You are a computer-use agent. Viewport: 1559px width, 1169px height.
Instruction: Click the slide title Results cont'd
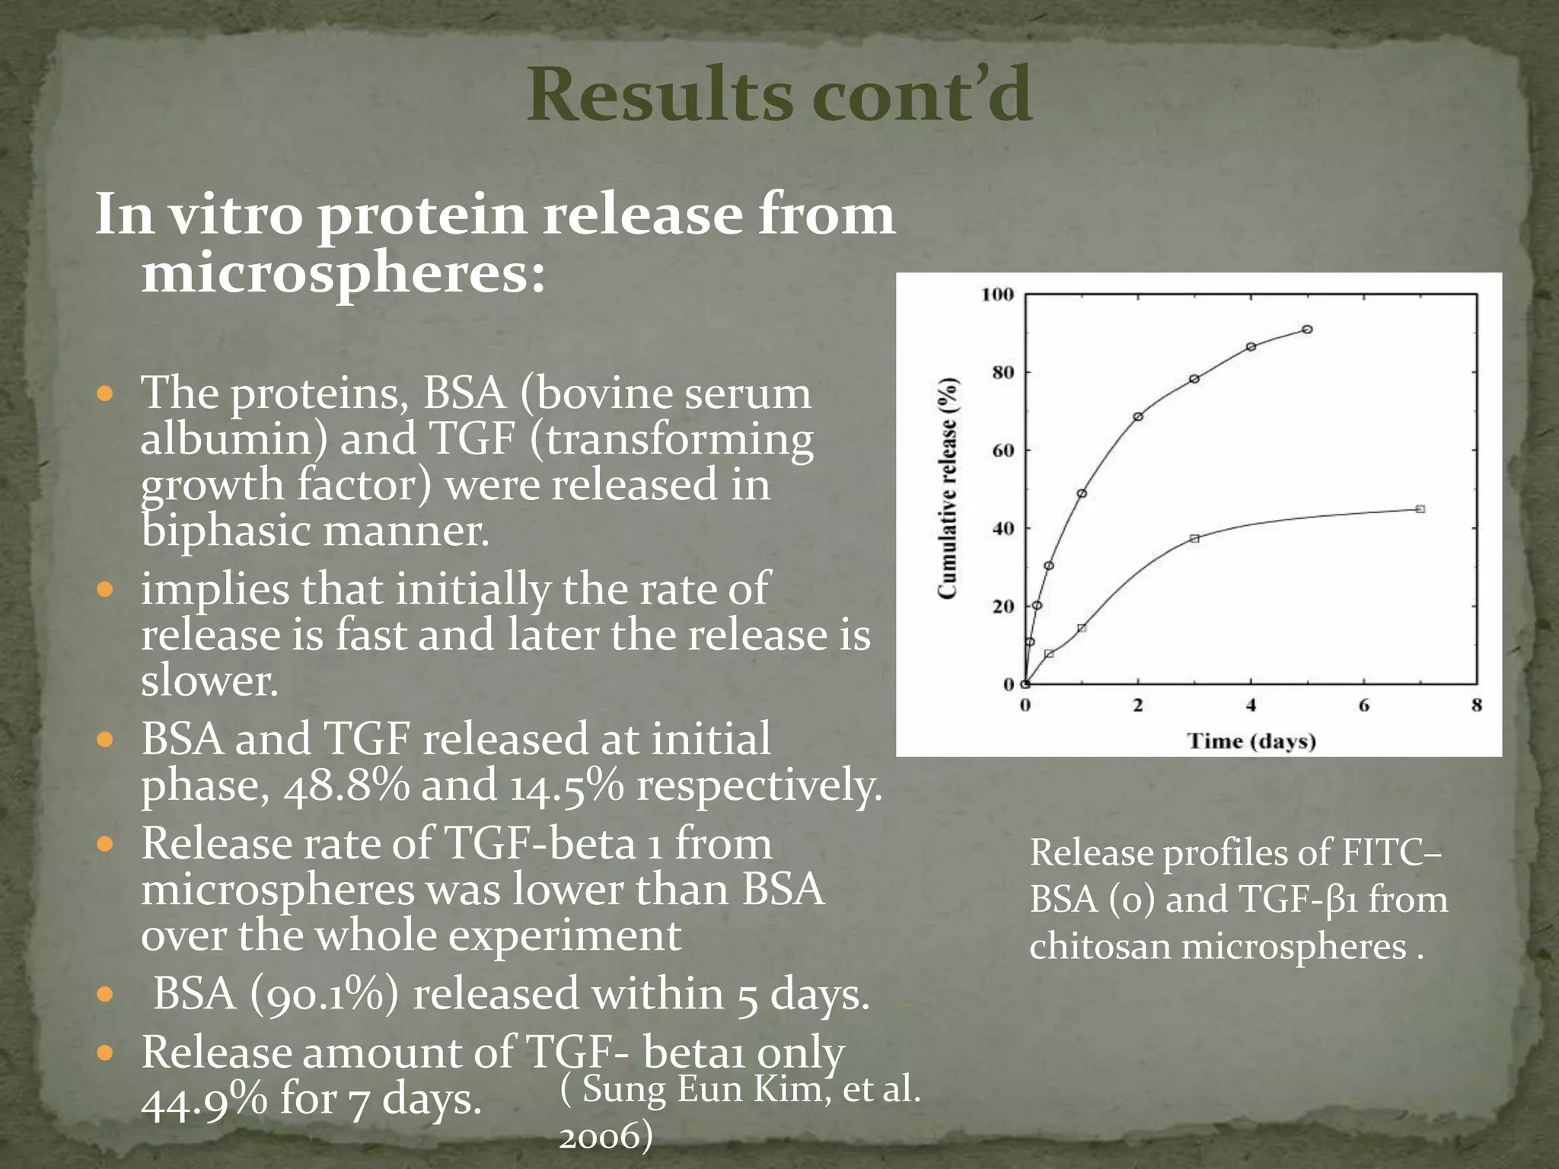coord(779,95)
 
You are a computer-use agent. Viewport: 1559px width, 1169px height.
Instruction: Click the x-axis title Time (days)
coord(1251,741)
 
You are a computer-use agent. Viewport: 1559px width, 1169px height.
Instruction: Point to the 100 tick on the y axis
coord(997,295)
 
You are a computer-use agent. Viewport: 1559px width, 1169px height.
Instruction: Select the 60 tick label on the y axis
coord(1003,451)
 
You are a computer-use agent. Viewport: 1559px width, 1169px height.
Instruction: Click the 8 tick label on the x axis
coord(1476,706)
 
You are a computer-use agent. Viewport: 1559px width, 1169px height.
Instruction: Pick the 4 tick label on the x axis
coord(1251,706)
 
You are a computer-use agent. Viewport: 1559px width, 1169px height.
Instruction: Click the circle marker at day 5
coord(1307,330)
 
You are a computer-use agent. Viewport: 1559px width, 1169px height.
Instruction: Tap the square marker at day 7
coord(1420,509)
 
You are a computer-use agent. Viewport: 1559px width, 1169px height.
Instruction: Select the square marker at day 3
coord(1194,538)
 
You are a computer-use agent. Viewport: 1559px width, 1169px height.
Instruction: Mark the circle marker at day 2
coord(1138,416)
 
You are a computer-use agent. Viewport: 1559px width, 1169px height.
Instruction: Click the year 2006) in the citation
coord(606,1136)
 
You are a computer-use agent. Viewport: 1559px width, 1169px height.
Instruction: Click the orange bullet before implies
coord(106,589)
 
